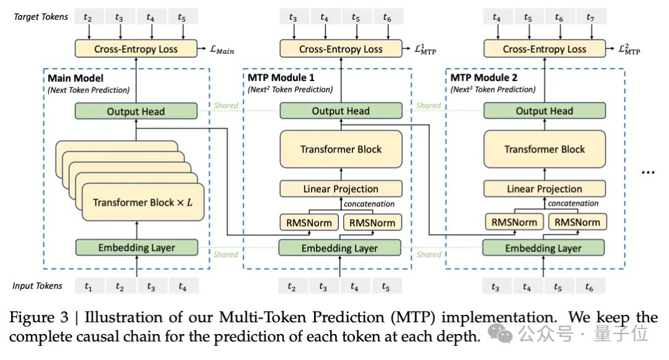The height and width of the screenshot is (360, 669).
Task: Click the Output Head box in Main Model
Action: point(135,111)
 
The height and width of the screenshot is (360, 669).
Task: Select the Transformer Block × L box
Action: point(142,202)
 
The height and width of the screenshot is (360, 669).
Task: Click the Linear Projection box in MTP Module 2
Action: point(544,188)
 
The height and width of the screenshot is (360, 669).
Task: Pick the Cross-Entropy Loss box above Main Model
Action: point(135,48)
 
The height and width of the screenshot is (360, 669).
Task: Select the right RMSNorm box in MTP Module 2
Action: point(577,222)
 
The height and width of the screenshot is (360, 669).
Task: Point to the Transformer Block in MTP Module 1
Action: point(341,149)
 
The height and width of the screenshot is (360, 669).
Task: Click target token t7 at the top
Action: point(590,18)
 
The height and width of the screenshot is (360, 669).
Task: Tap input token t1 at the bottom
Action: point(89,286)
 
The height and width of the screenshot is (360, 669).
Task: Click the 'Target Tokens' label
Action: point(40,17)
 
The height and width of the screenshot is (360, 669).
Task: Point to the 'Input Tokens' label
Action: point(38,286)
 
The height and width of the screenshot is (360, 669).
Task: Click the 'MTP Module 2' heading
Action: point(485,78)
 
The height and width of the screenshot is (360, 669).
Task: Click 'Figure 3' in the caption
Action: point(37,318)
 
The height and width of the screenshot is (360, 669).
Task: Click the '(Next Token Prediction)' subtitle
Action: point(89,90)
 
